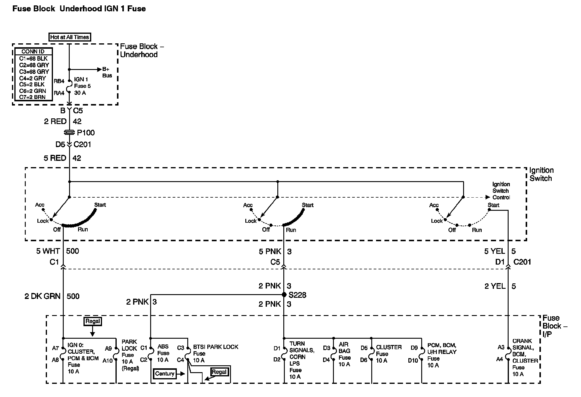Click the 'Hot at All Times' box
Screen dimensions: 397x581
[70, 37]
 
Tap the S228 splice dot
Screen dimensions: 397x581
[284, 295]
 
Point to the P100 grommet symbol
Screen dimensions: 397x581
[69, 132]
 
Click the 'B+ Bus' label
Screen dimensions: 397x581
[107, 72]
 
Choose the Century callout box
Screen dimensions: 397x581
[165, 374]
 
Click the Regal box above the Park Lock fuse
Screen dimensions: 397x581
[93, 321]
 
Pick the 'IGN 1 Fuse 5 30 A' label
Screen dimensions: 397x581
[82, 86]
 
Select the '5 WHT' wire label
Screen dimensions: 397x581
[48, 251]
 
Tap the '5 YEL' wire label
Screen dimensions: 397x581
[495, 251]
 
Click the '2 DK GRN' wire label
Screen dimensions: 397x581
[42, 296]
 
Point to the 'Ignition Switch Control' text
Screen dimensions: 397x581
[501, 191]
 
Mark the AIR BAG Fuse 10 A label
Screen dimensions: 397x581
[344, 354]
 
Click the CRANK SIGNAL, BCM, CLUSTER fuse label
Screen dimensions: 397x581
[525, 358]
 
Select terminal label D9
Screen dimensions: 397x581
[414, 348]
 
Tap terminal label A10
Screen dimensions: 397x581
[108, 361]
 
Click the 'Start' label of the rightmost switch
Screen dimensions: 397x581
[493, 205]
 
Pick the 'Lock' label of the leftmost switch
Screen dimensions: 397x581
[43, 221]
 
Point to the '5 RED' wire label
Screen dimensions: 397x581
[55, 158]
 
